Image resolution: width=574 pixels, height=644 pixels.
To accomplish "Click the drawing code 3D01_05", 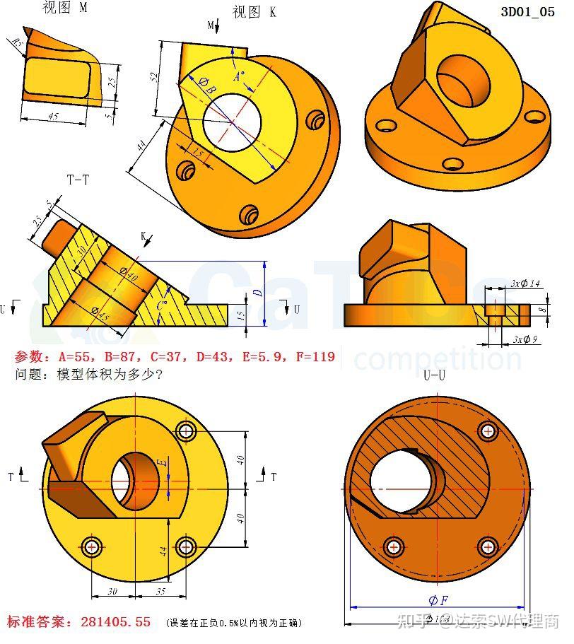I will [x=527, y=11].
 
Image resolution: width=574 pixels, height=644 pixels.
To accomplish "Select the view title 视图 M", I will [x=65, y=8].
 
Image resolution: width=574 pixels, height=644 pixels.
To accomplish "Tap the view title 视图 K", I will [x=254, y=12].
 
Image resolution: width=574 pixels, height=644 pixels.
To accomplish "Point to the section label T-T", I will [x=78, y=180].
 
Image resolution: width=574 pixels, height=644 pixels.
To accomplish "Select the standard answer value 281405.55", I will [x=116, y=622].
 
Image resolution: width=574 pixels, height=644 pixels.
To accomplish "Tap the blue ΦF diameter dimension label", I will [x=438, y=600].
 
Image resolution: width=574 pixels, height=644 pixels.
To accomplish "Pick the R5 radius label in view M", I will [x=16, y=45].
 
